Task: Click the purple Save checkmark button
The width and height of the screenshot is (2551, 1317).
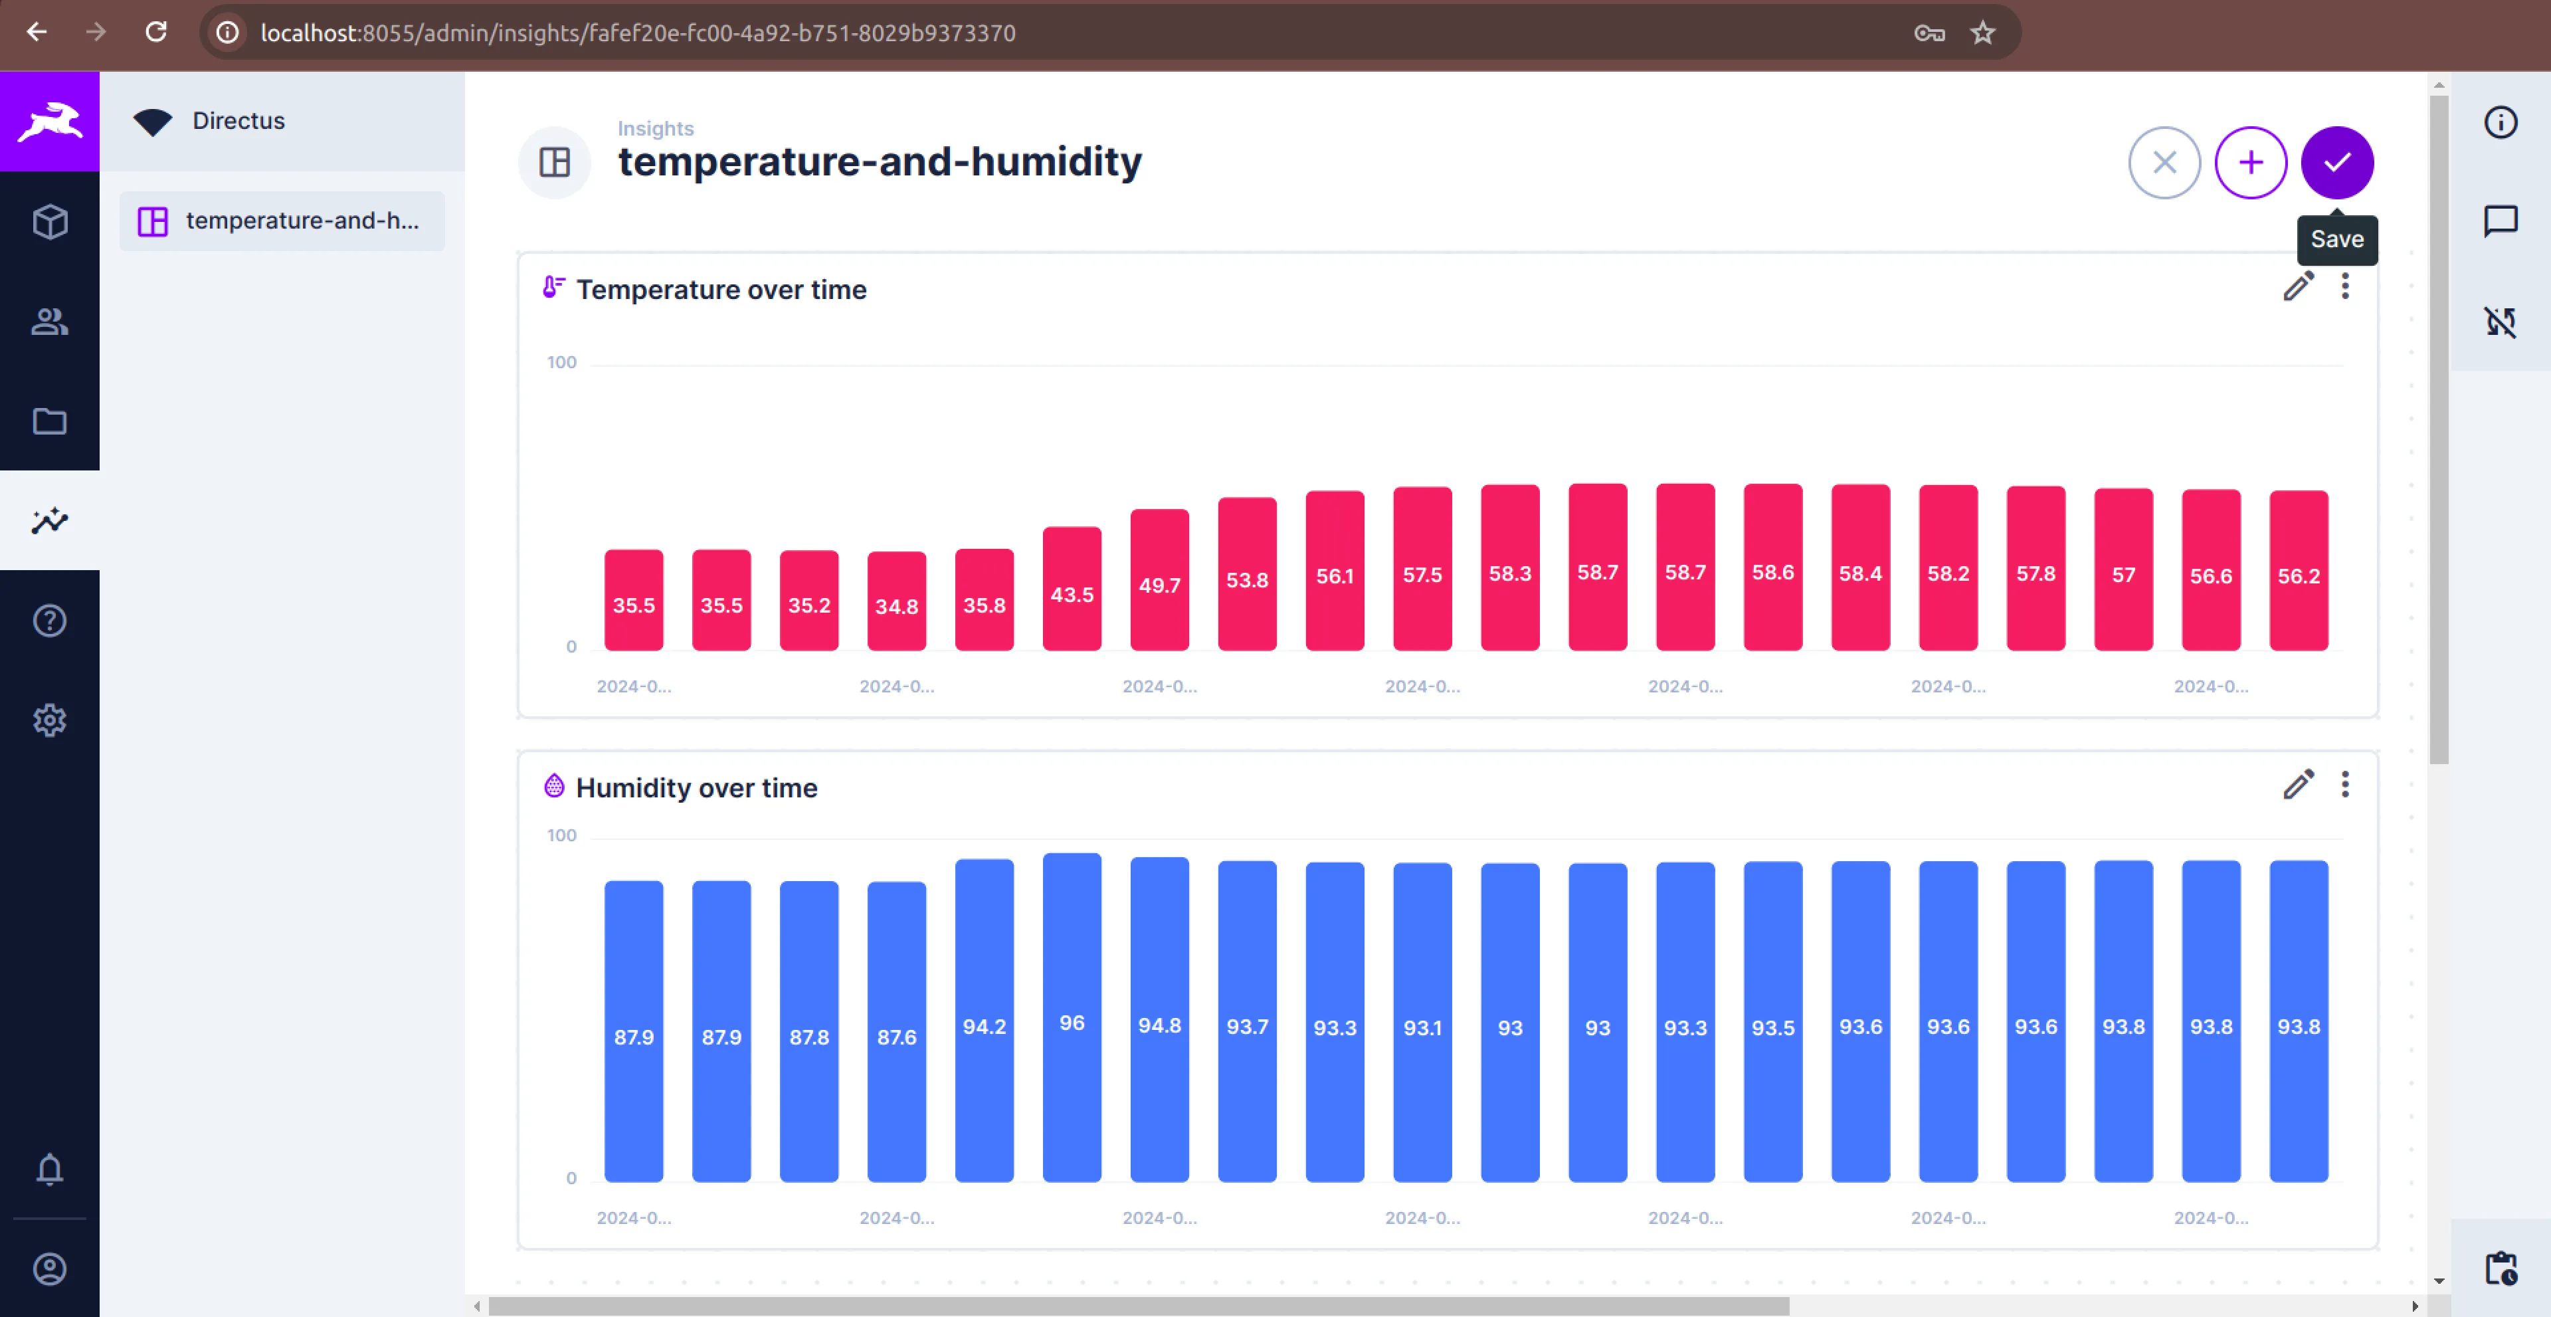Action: [2336, 162]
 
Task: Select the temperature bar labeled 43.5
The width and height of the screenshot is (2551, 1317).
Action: [1072, 589]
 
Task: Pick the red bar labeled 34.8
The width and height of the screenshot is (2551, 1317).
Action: [896, 601]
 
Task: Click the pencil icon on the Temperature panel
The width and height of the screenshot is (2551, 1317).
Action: [2297, 287]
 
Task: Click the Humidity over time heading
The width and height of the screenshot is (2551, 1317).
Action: [696, 788]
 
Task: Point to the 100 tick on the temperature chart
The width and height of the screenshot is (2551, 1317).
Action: [561, 362]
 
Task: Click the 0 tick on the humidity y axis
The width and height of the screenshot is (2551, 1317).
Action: [571, 1178]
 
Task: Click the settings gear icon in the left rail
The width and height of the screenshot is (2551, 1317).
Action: [50, 720]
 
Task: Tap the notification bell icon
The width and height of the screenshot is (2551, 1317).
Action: [50, 1169]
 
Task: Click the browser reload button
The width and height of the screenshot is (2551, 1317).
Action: [155, 33]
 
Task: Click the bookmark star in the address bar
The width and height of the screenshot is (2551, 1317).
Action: [1982, 33]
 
